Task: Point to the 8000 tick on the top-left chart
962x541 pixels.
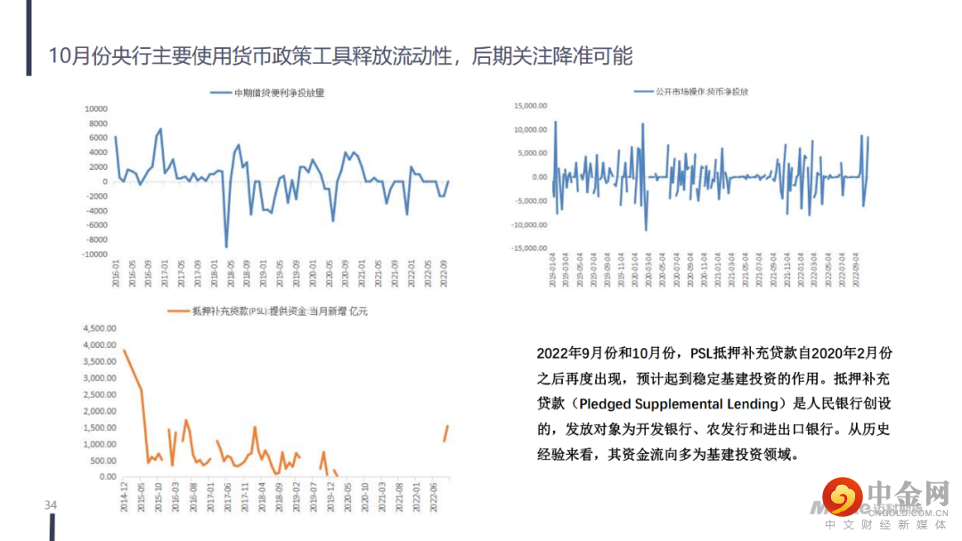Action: (x=96, y=123)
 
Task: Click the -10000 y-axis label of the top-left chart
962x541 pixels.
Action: (x=94, y=254)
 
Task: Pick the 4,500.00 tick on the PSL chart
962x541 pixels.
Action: (x=99, y=328)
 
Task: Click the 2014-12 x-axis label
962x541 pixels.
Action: (x=125, y=495)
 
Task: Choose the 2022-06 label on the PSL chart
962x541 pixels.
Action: (x=434, y=495)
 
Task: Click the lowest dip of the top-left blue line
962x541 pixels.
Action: (x=226, y=246)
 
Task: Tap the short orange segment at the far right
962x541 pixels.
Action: (x=445, y=432)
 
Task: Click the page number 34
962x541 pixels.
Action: (x=51, y=506)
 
